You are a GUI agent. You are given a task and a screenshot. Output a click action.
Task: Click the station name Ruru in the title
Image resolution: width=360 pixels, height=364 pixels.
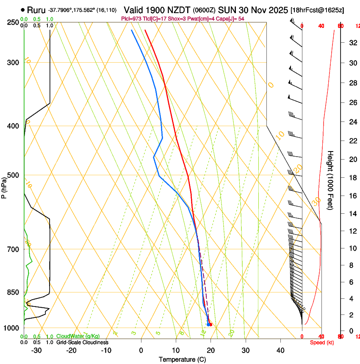tap(36, 10)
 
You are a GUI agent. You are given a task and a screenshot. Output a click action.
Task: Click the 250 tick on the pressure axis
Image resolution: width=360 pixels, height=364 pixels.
tap(13, 22)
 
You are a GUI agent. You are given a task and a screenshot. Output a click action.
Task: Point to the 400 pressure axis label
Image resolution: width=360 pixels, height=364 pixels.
tap(13, 126)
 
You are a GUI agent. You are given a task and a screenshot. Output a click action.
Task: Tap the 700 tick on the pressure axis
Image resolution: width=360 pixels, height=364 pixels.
tap(13, 249)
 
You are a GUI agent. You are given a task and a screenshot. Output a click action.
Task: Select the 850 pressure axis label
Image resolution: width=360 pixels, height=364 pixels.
tap(13, 292)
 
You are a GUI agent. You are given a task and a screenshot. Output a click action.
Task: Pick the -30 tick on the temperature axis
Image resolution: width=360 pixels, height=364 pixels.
tap(36, 350)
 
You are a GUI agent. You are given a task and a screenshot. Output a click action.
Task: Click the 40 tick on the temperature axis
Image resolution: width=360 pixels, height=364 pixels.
tap(280, 350)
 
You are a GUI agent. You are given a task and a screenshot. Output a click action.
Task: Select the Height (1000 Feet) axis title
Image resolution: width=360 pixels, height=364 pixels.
tap(331, 180)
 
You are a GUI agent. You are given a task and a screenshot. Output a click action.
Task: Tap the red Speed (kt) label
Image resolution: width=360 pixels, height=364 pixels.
tap(322, 342)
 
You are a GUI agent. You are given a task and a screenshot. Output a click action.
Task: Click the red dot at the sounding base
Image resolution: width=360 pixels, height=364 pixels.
tap(210, 325)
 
